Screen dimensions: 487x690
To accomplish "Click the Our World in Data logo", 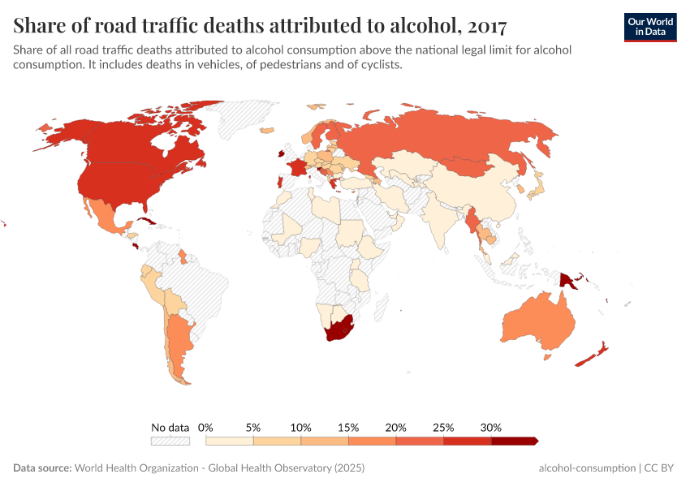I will [650, 26].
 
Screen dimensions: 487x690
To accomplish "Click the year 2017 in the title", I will [486, 26].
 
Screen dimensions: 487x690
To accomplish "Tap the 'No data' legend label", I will [170, 427].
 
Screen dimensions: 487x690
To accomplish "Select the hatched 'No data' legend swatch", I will [170, 441].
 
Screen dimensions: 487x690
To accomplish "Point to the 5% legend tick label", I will [253, 427].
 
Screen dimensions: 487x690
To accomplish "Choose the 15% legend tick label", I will [348, 427].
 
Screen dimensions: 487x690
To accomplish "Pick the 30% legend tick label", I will [491, 427].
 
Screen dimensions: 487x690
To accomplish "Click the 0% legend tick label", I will [206, 427].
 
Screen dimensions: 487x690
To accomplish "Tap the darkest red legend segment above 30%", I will [514, 441].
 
